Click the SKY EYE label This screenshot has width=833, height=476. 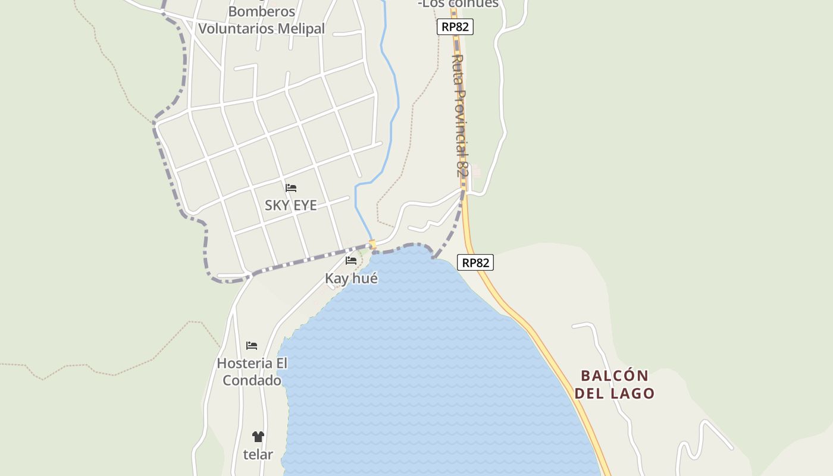coord(290,205)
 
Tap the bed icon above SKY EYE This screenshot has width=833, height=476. coord(291,188)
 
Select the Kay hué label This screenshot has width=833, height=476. coord(351,278)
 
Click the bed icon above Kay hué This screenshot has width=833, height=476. coord(351,260)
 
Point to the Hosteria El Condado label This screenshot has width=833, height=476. coord(252,372)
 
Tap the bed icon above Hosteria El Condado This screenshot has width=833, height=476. coord(252,346)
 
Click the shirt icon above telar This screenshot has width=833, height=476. coord(258,437)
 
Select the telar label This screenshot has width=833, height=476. coord(258,455)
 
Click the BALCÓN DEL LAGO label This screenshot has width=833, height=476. coord(614,384)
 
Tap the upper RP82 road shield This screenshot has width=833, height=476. coord(455,27)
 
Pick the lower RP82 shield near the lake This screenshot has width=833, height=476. coord(475,262)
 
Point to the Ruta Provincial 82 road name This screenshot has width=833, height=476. coord(459,116)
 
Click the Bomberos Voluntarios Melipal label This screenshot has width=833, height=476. coord(261,20)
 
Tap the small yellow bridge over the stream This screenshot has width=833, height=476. coord(373,244)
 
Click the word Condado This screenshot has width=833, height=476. coord(252,380)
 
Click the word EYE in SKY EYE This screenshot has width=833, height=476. coord(304,205)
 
